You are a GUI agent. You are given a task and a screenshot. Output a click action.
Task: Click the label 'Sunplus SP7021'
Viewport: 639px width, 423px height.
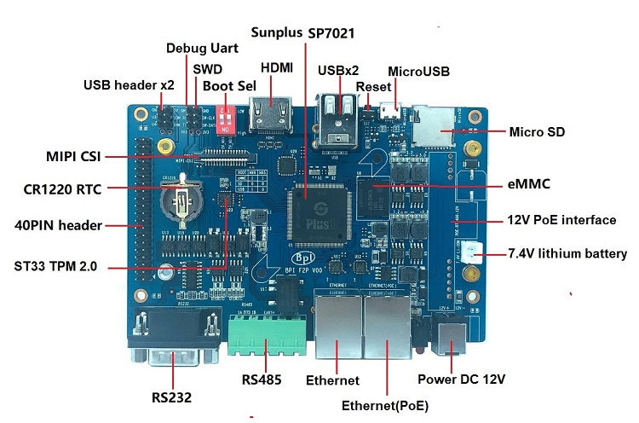point(302,32)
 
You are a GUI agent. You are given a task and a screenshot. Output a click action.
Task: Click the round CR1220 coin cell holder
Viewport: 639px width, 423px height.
point(181,204)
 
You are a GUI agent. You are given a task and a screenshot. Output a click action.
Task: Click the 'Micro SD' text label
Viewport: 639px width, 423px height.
point(537,132)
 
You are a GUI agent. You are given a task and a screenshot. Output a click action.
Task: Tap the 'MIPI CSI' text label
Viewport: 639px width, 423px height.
point(75,157)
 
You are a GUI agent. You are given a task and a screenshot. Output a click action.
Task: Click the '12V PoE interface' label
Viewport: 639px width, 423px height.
point(561,220)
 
